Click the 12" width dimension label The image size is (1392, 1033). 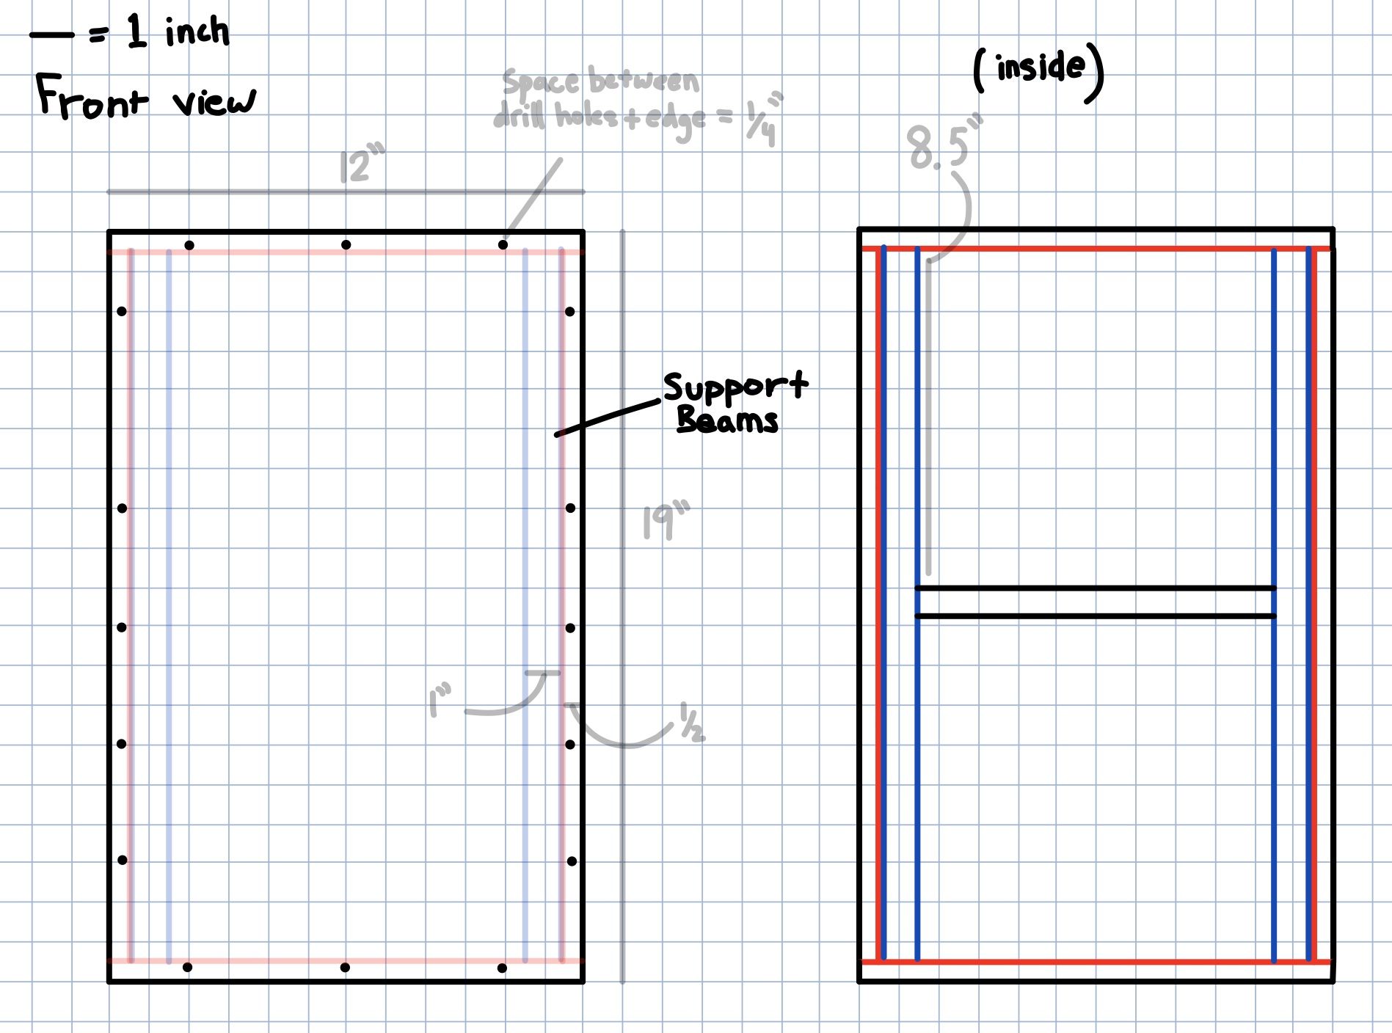coord(362,165)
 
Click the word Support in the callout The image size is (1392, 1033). coord(736,387)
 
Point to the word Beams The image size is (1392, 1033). coord(727,420)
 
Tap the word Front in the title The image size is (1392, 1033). coord(92,98)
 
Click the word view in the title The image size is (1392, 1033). coord(214,101)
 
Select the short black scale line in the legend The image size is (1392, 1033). coord(51,34)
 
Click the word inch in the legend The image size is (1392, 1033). coord(197,32)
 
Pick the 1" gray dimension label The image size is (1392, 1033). coord(440,701)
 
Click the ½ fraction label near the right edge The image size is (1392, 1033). coord(692,722)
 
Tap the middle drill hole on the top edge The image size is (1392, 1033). coord(346,245)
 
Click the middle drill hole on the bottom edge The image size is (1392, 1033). coord(346,968)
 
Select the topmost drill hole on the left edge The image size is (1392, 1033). coord(122,312)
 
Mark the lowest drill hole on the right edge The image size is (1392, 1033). coord(572,861)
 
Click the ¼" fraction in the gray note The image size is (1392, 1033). coord(766,120)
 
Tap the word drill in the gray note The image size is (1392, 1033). coord(520,116)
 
